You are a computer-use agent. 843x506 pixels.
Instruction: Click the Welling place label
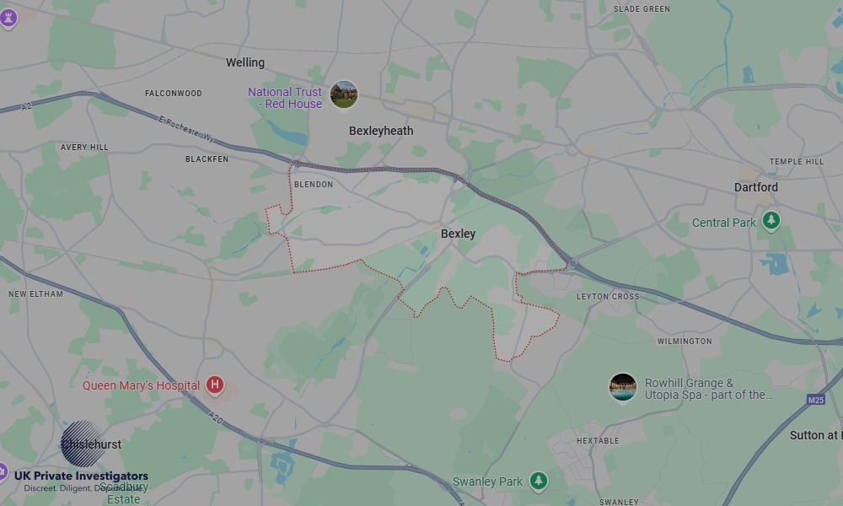pyautogui.click(x=245, y=62)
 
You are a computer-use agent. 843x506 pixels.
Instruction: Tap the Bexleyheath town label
pyautogui.click(x=381, y=131)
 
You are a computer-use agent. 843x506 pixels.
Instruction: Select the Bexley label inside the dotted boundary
pyautogui.click(x=459, y=234)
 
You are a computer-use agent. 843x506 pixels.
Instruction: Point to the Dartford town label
pyautogui.click(x=755, y=187)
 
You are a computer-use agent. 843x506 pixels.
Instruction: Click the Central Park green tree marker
pyautogui.click(x=771, y=221)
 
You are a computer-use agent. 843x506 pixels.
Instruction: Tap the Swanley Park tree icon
pyautogui.click(x=538, y=482)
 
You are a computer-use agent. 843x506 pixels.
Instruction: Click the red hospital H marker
pyautogui.click(x=215, y=385)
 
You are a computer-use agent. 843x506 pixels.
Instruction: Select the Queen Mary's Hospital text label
pyautogui.click(x=141, y=385)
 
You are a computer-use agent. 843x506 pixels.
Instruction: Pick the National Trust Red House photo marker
pyautogui.click(x=343, y=94)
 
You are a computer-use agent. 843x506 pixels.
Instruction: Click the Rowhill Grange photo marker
pyautogui.click(x=623, y=388)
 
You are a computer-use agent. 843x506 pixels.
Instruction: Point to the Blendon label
pyautogui.click(x=313, y=184)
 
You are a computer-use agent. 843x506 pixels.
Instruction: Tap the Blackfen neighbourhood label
pyautogui.click(x=207, y=159)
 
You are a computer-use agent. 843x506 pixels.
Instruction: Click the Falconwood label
pyautogui.click(x=173, y=93)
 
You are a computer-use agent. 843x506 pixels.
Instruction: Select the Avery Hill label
pyautogui.click(x=84, y=147)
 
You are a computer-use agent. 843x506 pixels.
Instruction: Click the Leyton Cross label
pyautogui.click(x=608, y=297)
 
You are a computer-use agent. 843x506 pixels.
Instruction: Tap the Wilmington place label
pyautogui.click(x=685, y=342)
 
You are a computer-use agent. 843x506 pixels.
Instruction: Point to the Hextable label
pyautogui.click(x=598, y=441)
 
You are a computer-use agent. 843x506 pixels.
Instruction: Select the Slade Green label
pyautogui.click(x=642, y=9)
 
